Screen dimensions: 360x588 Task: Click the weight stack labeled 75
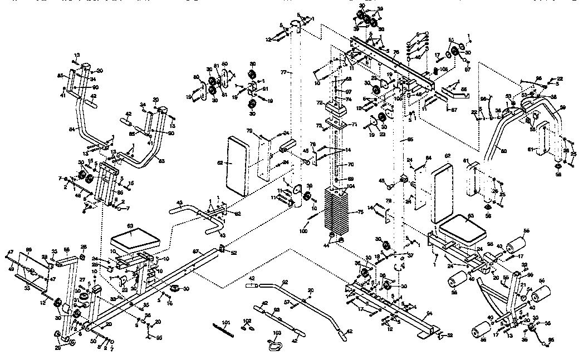tap(339, 213)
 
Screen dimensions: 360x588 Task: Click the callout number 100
tap(303, 230)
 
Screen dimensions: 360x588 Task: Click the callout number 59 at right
tap(562, 107)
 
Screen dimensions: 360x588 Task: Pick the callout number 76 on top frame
tap(396, 52)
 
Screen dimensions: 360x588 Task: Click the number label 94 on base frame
tap(429, 314)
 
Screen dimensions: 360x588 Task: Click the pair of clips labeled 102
tap(247, 327)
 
